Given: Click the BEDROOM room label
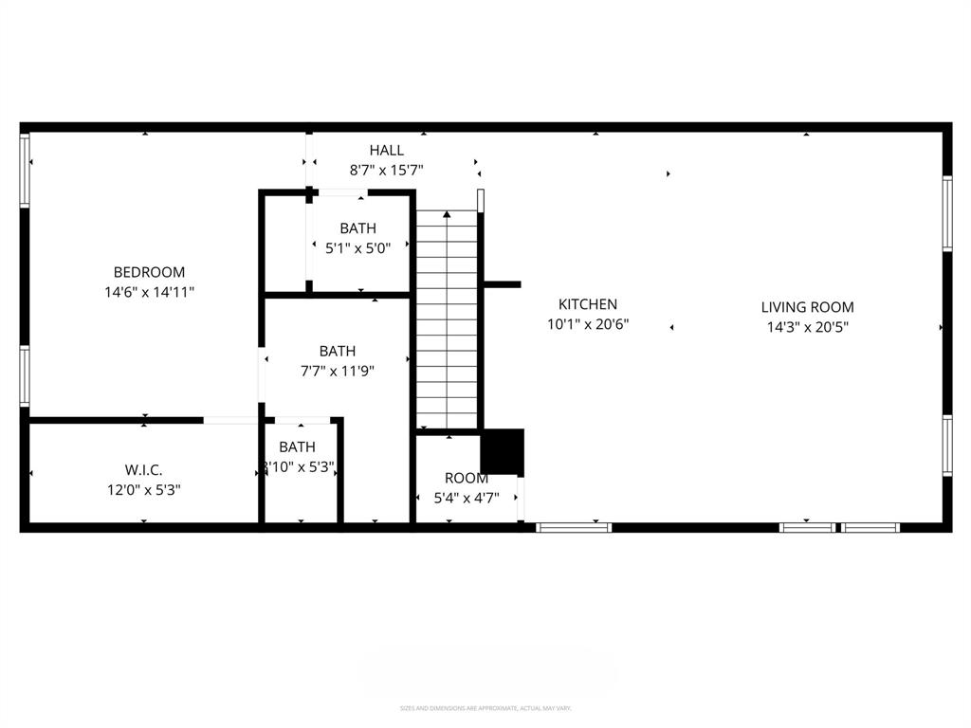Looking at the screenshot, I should coord(149,272).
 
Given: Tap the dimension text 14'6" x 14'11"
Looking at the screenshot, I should coord(149,293).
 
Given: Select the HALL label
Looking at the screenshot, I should coord(386,150).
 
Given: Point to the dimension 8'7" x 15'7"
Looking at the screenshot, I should coord(386,170).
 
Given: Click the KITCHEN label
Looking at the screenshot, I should coord(587,304).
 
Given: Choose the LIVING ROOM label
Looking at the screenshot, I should coord(807,307).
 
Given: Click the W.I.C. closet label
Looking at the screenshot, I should coord(143,470).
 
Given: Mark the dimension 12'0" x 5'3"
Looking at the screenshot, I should coord(143,490).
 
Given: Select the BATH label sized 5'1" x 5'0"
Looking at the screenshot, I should coord(357,228).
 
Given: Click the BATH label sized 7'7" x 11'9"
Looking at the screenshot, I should coord(337,352).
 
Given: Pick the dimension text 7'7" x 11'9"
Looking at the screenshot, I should coord(337,372).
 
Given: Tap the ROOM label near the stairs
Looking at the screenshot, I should coord(466,479).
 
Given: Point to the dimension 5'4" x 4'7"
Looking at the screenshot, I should coord(466,499).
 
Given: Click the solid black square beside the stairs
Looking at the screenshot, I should coord(502,452).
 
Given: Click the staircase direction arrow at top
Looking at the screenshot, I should coord(447,215).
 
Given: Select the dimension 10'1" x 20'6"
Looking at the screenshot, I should coord(587,324).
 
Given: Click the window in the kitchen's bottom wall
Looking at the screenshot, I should coord(574,527).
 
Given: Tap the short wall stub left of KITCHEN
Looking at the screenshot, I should coord(502,283).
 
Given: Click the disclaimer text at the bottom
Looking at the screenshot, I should coord(485,708).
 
